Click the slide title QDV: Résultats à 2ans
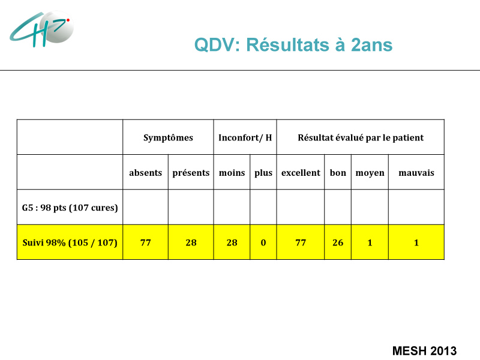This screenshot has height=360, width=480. point(293,44)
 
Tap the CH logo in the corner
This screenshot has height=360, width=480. point(41,29)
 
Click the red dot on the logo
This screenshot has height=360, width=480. point(68,20)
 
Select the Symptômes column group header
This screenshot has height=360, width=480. point(168,138)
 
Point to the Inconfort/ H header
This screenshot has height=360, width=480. point(245,138)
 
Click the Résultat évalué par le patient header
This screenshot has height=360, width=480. point(361,138)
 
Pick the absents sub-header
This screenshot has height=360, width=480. point(145,173)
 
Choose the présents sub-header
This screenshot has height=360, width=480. point(191,173)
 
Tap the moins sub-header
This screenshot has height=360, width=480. point(232,173)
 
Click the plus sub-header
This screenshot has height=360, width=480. point(263,173)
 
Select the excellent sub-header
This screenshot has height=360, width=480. point(301,173)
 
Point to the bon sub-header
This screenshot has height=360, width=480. point(338,173)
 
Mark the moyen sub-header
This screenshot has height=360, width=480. point(370,173)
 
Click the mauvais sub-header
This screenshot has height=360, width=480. point(416,173)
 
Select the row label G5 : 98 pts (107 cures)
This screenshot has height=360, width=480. point(70,208)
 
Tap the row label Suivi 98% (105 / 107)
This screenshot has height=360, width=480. point(70,242)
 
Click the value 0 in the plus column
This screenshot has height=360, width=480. point(263,243)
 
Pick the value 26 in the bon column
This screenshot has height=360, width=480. point(338,243)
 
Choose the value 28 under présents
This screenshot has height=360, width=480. point(191,243)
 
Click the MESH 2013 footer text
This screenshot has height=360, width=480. point(424,351)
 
